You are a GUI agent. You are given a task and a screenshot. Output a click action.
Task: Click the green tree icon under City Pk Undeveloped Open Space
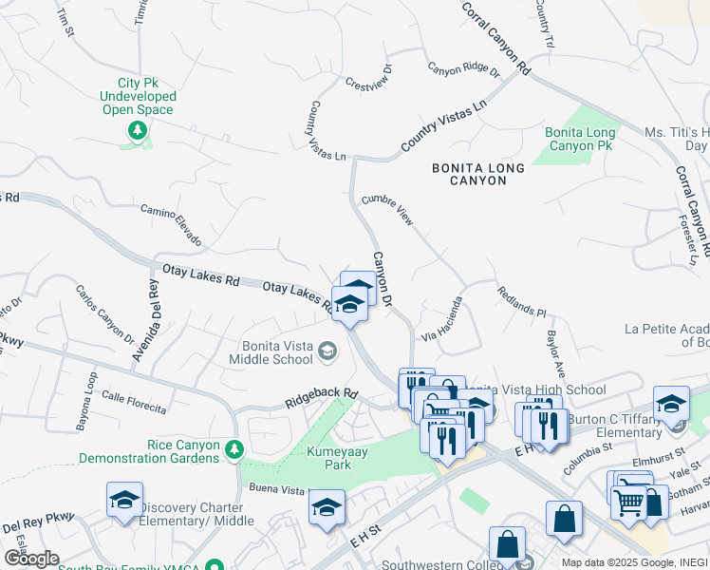tap(138, 130)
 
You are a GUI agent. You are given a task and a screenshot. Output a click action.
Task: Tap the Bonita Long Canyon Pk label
tap(579, 140)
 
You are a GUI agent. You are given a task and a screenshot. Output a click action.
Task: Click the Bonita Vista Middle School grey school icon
tap(327, 352)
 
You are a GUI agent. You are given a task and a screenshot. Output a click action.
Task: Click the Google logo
tap(32, 558)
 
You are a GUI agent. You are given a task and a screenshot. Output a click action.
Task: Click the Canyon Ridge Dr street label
tap(462, 69)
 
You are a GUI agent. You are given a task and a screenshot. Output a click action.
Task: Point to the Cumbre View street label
tap(387, 211)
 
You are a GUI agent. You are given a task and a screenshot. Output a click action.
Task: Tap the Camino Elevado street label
tap(171, 225)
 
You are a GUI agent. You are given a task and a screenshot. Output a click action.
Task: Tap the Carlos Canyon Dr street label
tap(104, 313)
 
